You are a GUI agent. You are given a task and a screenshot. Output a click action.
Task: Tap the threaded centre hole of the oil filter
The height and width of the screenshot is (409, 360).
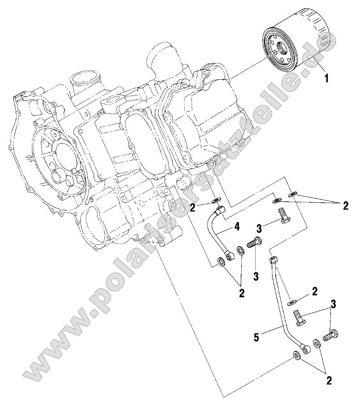pyautogui.click(x=282, y=48)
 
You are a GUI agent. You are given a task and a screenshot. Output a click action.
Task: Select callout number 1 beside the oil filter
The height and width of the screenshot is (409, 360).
pyautogui.click(x=327, y=78)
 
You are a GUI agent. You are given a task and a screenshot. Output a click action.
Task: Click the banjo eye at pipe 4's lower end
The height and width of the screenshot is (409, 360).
pyautogui.click(x=231, y=256)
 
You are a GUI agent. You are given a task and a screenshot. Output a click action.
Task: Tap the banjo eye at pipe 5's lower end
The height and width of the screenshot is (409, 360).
pyautogui.click(x=306, y=348)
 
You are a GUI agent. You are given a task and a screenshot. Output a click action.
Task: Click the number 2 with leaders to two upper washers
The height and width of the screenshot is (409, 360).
pyautogui.click(x=345, y=206)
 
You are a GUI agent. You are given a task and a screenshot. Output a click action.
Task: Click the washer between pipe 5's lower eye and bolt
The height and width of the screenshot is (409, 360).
pyautogui.click(x=317, y=343)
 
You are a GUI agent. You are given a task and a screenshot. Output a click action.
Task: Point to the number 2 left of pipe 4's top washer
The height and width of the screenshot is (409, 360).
pyautogui.click(x=191, y=207)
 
